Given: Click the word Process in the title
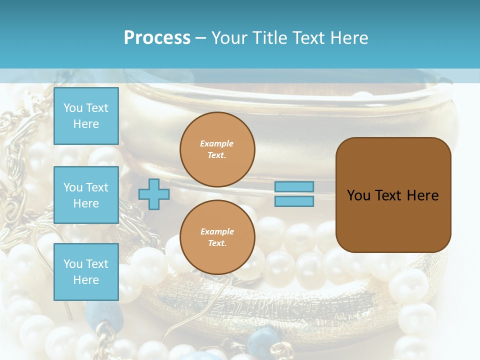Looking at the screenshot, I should click(157, 38).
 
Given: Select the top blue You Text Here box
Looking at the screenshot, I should click(86, 116).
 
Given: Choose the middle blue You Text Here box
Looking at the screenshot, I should click(86, 195).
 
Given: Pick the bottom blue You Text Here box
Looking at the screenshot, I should click(86, 272).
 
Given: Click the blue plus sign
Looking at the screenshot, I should click(154, 194).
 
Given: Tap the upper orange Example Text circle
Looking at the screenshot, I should click(217, 149).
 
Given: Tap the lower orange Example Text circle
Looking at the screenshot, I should click(217, 237).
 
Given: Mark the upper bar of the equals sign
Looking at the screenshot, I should click(294, 186).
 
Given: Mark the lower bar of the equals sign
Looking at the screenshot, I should click(294, 201).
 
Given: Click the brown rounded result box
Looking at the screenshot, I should click(393, 195).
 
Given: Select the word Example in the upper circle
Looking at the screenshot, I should click(217, 143).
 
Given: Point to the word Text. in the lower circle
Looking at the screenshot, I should click(217, 243).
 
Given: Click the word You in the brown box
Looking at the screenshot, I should click(358, 195).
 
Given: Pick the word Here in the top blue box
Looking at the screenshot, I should click(86, 124).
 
